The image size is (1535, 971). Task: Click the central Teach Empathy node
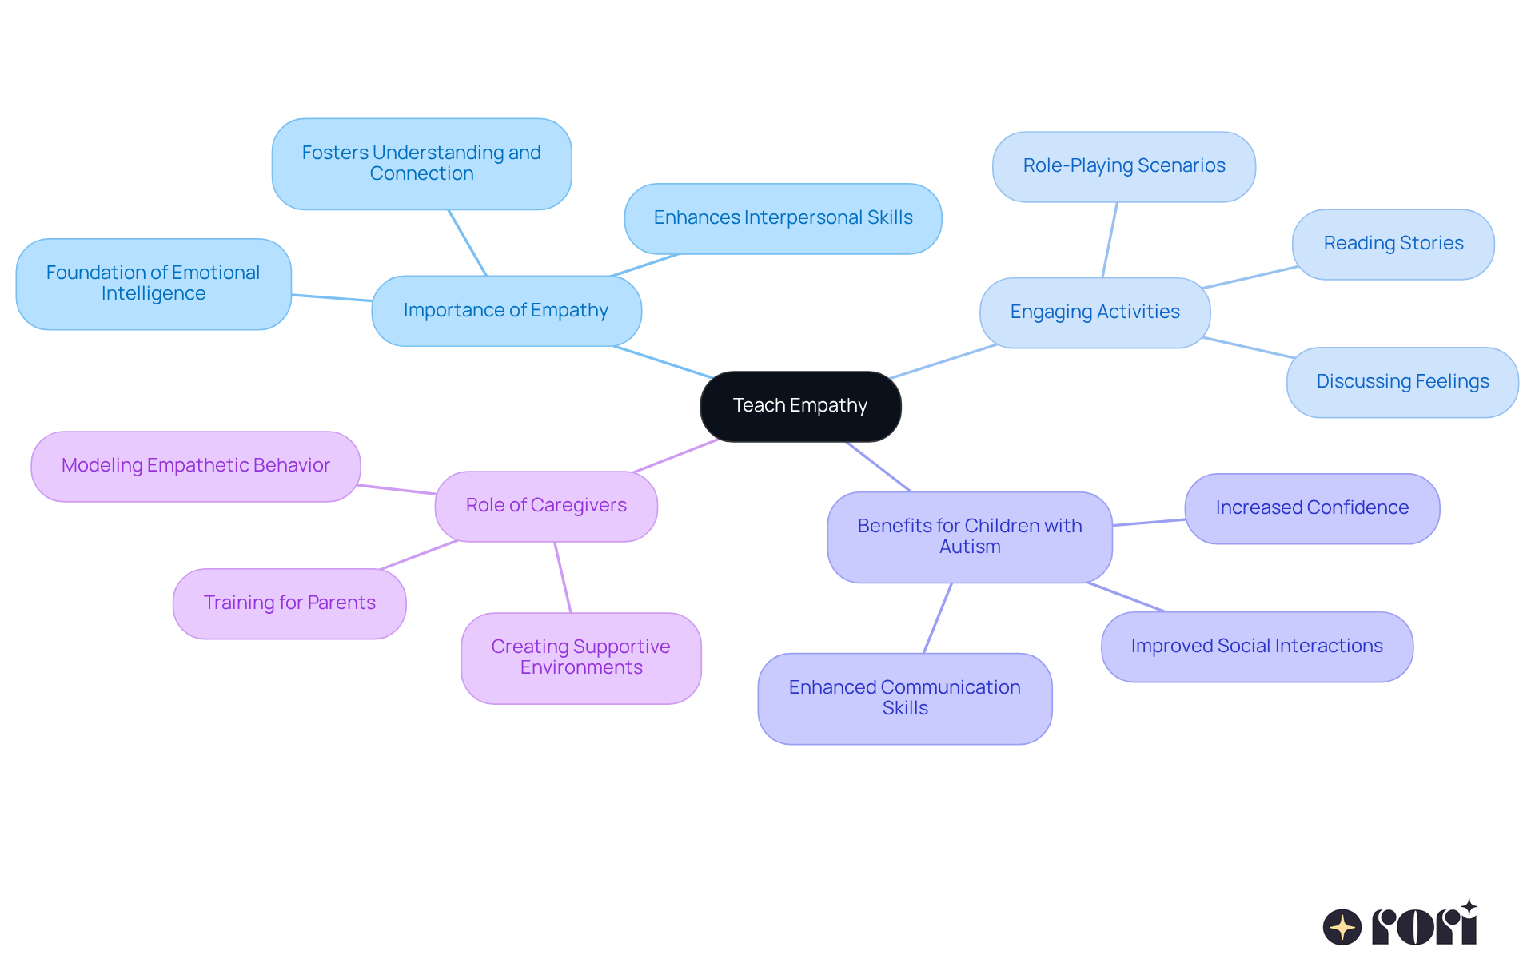pyautogui.click(x=800, y=406)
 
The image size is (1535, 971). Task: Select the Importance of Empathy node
pyautogui.click(x=506, y=311)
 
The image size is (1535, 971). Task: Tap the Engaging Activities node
pyautogui.click(x=1094, y=312)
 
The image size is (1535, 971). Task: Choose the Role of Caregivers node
pyautogui.click(x=546, y=506)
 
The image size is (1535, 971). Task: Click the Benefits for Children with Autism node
pyautogui.click(x=970, y=536)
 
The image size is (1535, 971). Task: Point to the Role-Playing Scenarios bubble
pyautogui.click(x=1123, y=166)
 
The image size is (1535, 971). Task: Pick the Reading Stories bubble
pyautogui.click(x=1393, y=244)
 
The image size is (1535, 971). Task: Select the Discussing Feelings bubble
pyautogui.click(x=1402, y=382)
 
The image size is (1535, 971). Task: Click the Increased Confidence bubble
pyautogui.click(x=1312, y=508)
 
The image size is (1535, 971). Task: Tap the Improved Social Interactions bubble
pyautogui.click(x=1257, y=647)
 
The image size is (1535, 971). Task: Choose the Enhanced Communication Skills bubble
pyautogui.click(x=904, y=698)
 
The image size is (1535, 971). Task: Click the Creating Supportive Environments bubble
pyautogui.click(x=580, y=658)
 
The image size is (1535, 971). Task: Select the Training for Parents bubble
pyautogui.click(x=289, y=603)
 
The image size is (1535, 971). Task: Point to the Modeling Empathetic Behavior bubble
pyautogui.click(x=196, y=466)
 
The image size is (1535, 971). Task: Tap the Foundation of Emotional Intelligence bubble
pyautogui.click(x=153, y=284)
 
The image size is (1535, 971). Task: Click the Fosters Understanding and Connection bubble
pyautogui.click(x=421, y=164)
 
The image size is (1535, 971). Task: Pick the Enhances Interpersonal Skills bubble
pyautogui.click(x=783, y=218)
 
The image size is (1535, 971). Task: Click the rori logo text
pyautogui.click(x=1424, y=926)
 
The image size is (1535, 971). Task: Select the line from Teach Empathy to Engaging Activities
pyautogui.click(x=943, y=361)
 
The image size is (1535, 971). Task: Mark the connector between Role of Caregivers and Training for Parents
pyautogui.click(x=419, y=555)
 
